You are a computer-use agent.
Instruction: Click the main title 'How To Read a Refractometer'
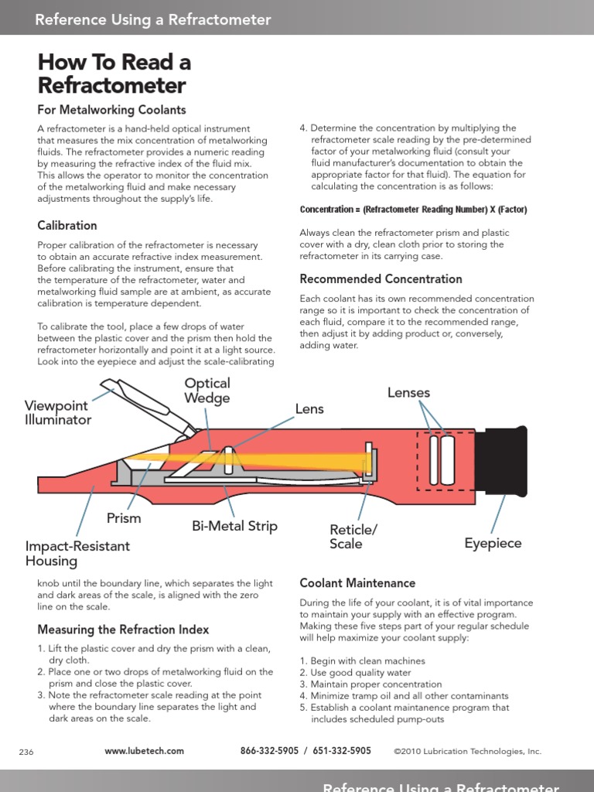114,73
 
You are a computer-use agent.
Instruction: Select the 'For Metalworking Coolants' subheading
111,110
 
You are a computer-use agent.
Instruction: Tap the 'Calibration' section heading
67,226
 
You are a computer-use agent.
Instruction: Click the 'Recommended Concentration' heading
381,279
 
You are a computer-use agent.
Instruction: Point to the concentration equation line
413,210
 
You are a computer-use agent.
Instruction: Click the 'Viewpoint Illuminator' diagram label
58,413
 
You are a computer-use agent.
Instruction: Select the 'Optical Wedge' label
207,391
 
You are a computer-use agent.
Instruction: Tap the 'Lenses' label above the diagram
408,393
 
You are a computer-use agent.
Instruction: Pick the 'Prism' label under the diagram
124,518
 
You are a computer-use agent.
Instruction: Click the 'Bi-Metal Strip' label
234,527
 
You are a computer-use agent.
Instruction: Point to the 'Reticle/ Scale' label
353,537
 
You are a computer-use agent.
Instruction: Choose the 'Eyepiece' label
493,543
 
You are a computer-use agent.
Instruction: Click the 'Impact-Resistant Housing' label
77,553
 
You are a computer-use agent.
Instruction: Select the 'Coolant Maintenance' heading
357,583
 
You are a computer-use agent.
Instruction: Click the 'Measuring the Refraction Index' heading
123,630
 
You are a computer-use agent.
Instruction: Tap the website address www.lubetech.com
144,751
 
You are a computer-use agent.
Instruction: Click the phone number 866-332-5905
269,751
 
